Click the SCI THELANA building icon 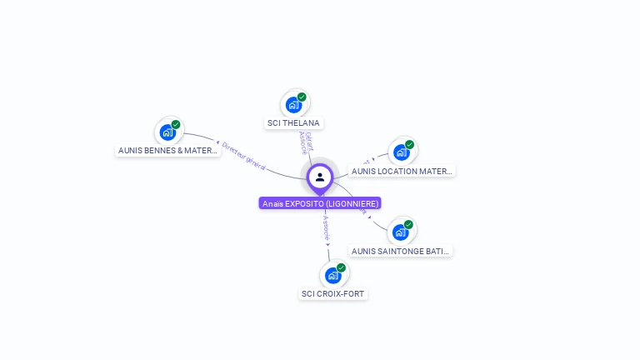pyautogui.click(x=292, y=105)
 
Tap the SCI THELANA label pyautogui.click(x=292, y=123)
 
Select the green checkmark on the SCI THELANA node pyautogui.click(x=302, y=97)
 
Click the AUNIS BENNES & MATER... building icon pyautogui.click(x=167, y=132)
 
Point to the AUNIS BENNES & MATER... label pyautogui.click(x=168, y=151)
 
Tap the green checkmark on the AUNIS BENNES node pyautogui.click(x=176, y=124)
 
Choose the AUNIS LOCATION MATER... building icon pyautogui.click(x=401, y=152)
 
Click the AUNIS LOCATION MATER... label pyautogui.click(x=402, y=171)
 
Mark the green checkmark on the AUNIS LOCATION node pyautogui.click(x=409, y=144)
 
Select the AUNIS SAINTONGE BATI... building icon pyautogui.click(x=400, y=232)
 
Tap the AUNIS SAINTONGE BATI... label pyautogui.click(x=401, y=251)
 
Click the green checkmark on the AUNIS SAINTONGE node pyautogui.click(x=409, y=224)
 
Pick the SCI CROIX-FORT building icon pyautogui.click(x=332, y=275)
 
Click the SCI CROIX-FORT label pyautogui.click(x=333, y=294)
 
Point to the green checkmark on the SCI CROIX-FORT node pyautogui.click(x=341, y=267)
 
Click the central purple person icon pyautogui.click(x=320, y=177)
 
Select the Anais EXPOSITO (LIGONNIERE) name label pyautogui.click(x=320, y=203)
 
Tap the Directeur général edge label pyautogui.click(x=243, y=156)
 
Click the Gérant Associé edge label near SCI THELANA pyautogui.click(x=306, y=142)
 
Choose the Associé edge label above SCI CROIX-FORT pyautogui.click(x=327, y=228)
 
